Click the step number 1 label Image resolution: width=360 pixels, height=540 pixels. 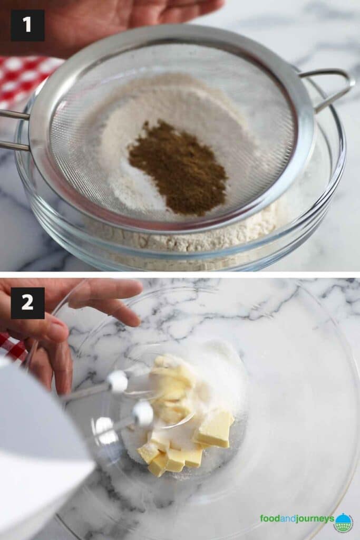click(x=27, y=25)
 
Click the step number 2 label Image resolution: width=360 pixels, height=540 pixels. click(x=27, y=303)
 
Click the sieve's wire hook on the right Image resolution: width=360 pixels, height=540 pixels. click(x=333, y=87)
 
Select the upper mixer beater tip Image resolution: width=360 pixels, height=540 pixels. click(x=117, y=381)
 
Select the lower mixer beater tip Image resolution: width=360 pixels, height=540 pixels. click(x=142, y=413)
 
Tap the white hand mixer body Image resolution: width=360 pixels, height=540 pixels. click(x=37, y=448)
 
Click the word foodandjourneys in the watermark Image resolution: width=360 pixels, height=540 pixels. click(x=297, y=519)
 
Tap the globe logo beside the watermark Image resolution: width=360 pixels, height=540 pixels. click(x=344, y=522)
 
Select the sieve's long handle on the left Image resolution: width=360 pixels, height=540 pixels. click(x=13, y=129)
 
